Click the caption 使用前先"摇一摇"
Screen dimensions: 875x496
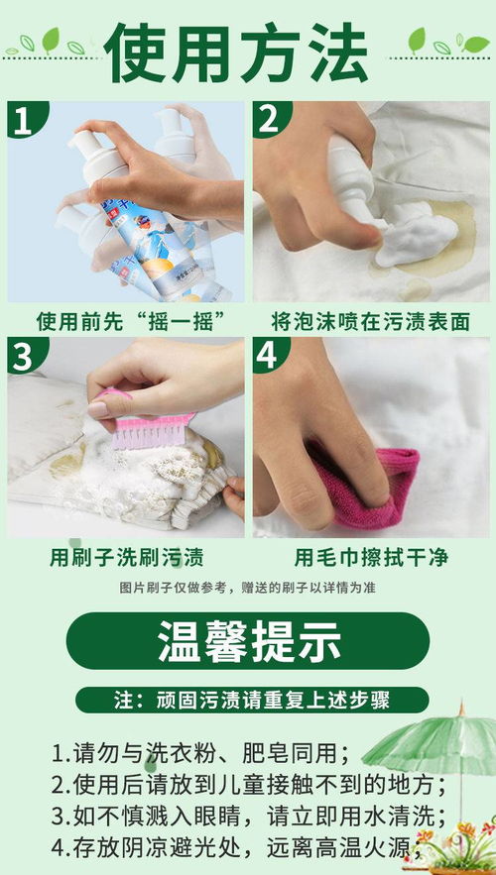[127, 322]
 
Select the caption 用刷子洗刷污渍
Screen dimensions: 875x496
[127, 557]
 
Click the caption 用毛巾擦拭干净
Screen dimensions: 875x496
[370, 557]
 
